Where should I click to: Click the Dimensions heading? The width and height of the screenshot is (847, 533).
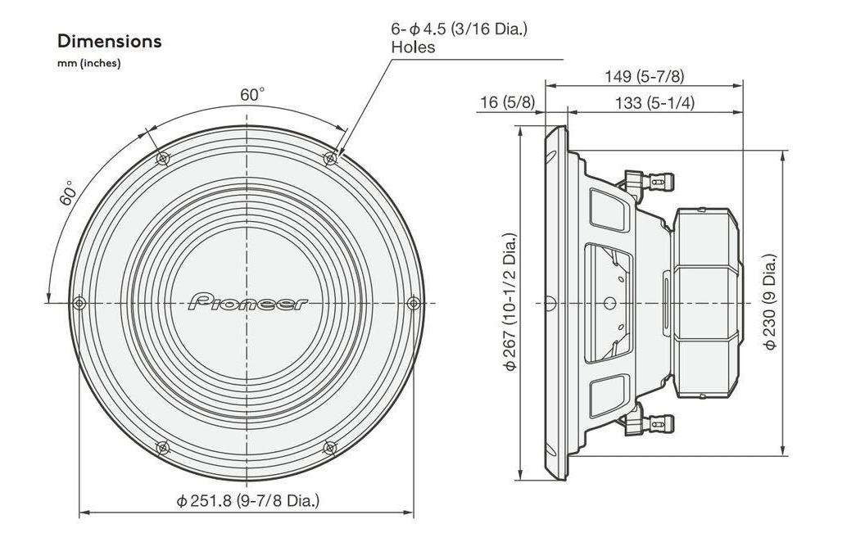pos(109,41)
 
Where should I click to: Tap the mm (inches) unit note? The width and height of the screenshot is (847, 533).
pos(89,64)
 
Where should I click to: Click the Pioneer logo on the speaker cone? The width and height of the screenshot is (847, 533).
pos(248,302)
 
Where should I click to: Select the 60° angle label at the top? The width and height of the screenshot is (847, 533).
pos(252,94)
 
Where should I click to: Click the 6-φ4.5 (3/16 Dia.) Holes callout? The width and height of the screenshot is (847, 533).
pos(459,38)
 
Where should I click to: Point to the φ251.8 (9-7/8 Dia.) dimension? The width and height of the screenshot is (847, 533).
pos(247,499)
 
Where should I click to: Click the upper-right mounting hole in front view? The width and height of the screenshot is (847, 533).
pos(331,158)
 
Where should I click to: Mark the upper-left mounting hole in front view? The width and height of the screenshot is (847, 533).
pos(163,158)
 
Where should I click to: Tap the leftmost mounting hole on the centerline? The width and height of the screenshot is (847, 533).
pos(79,303)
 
